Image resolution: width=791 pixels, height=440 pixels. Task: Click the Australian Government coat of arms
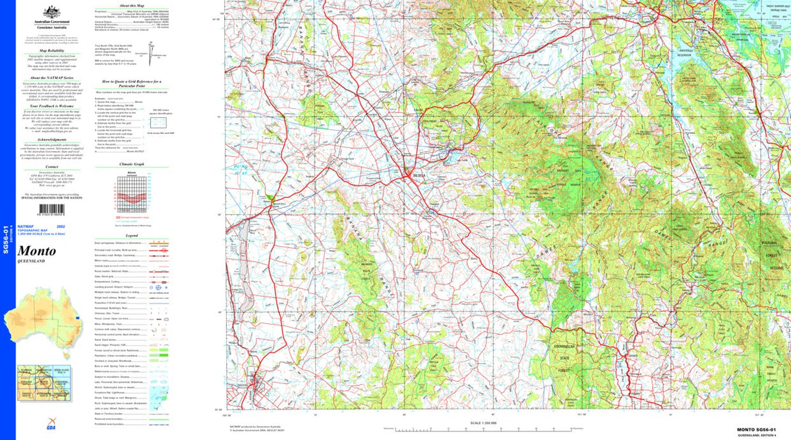click(51, 13)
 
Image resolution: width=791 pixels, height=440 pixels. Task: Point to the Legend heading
click(132, 236)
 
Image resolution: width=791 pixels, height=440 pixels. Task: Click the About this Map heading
click(132, 4)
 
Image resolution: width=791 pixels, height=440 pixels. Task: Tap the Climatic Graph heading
click(132, 165)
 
